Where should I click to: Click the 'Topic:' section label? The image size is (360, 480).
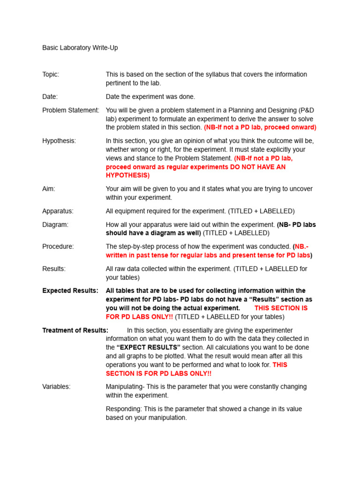51,75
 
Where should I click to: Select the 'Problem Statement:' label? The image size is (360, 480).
71,110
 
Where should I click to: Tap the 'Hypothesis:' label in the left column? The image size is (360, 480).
59,141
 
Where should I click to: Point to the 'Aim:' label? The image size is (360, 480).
49,189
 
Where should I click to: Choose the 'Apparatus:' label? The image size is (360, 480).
58,211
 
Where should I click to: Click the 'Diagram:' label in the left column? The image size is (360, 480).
55,225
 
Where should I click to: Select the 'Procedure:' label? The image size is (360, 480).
58,247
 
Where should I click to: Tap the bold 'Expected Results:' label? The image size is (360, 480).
70,291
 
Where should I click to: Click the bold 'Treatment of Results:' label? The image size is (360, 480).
75,330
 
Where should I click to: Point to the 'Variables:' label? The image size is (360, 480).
56,387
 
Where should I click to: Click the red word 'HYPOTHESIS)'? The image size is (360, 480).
127,175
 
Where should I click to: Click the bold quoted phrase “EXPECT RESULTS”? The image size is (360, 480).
149,347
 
